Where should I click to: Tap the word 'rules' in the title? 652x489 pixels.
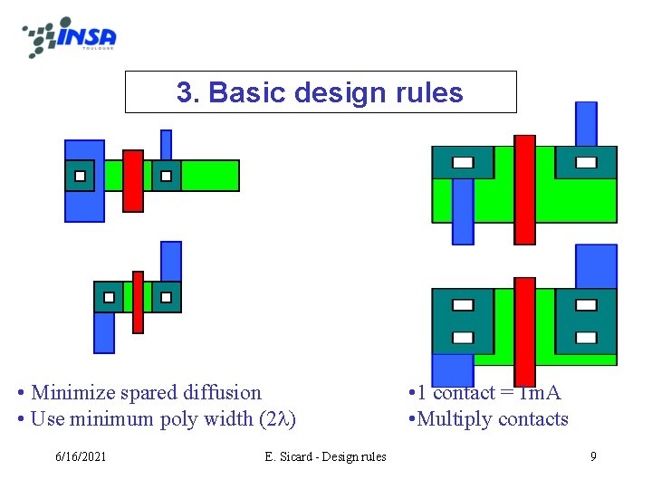click(x=428, y=92)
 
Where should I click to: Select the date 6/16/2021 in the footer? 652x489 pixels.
click(x=79, y=456)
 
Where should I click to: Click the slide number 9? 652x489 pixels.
click(x=593, y=456)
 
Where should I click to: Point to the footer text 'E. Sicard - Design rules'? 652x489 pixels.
click(x=325, y=456)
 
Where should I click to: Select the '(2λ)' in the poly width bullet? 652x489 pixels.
click(x=277, y=419)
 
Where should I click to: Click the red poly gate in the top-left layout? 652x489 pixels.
click(x=133, y=180)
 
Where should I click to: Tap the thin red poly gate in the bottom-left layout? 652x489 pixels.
click(x=138, y=302)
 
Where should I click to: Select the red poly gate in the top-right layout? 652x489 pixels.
click(x=524, y=189)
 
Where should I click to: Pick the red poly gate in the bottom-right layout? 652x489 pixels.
click(x=524, y=331)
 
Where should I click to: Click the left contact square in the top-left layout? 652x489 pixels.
click(x=80, y=176)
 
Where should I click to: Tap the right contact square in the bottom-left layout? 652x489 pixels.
click(x=166, y=296)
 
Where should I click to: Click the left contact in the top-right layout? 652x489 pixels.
click(x=463, y=163)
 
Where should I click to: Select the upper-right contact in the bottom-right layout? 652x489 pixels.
click(x=586, y=305)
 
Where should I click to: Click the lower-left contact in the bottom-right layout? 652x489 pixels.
click(x=463, y=338)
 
